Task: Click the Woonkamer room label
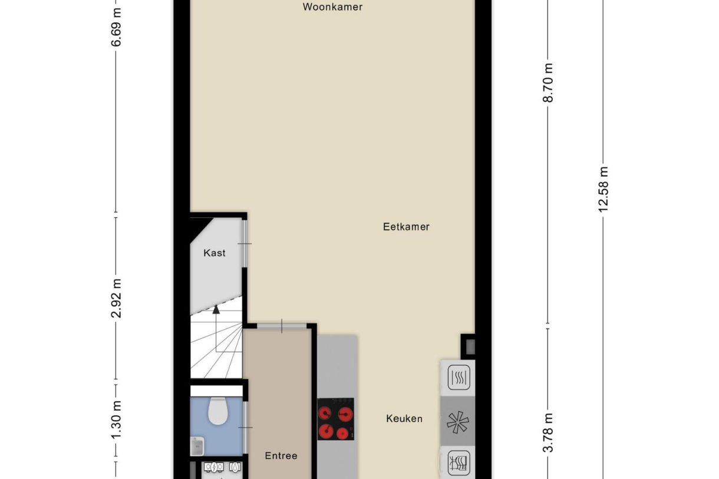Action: (x=332, y=7)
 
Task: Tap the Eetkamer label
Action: (x=406, y=227)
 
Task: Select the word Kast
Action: (x=215, y=253)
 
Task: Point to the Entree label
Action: (x=281, y=455)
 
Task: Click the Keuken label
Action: (x=404, y=418)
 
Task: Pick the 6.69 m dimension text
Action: (x=116, y=27)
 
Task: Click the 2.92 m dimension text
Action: (x=116, y=298)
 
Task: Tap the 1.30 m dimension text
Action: (x=116, y=419)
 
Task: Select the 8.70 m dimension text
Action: (x=548, y=82)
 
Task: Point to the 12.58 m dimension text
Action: (x=603, y=189)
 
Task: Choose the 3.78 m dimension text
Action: (x=548, y=432)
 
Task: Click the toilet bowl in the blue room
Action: (x=218, y=411)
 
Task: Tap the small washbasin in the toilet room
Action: (x=197, y=446)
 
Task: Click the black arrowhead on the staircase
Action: (x=216, y=309)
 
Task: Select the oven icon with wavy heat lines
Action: (x=459, y=377)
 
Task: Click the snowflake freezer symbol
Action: (x=458, y=422)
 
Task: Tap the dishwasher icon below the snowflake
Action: (x=459, y=463)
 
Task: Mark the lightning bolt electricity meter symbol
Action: (x=214, y=467)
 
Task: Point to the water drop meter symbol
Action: (x=235, y=467)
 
